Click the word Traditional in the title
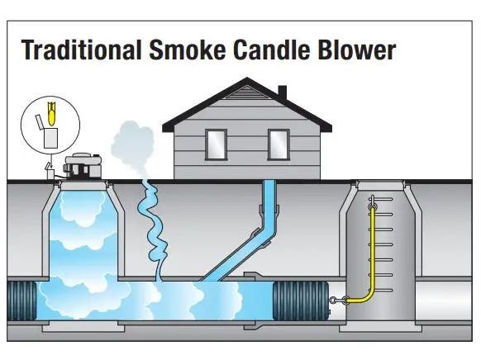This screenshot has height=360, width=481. pyautogui.click(x=82, y=50)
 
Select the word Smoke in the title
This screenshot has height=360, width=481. pyautogui.click(x=188, y=50)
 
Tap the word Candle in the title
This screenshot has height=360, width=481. pyautogui.click(x=272, y=50)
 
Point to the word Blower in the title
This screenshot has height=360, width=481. pyautogui.click(x=357, y=50)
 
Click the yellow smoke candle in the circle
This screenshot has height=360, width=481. pyautogui.click(x=52, y=114)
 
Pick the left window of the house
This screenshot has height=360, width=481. pyautogui.click(x=216, y=144)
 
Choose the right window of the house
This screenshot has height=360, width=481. pyautogui.click(x=279, y=144)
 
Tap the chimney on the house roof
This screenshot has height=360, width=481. pyautogui.click(x=282, y=92)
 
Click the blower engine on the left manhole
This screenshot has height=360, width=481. pyautogui.click(x=83, y=167)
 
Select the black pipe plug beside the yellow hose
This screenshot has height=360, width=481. pyautogui.click(x=301, y=301)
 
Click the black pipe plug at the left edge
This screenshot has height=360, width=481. pyautogui.click(x=21, y=301)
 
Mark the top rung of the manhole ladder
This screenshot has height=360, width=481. pyautogui.click(x=381, y=199)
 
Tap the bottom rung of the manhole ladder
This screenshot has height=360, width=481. pyautogui.click(x=381, y=290)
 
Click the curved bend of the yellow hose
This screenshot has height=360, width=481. pyautogui.click(x=367, y=296)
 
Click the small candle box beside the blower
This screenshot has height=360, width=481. pyautogui.click(x=50, y=172)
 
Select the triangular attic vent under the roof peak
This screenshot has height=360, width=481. pyautogui.click(x=246, y=92)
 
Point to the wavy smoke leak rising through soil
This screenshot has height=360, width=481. pyautogui.click(x=152, y=230)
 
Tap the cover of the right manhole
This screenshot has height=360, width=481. pyautogui.click(x=380, y=185)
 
